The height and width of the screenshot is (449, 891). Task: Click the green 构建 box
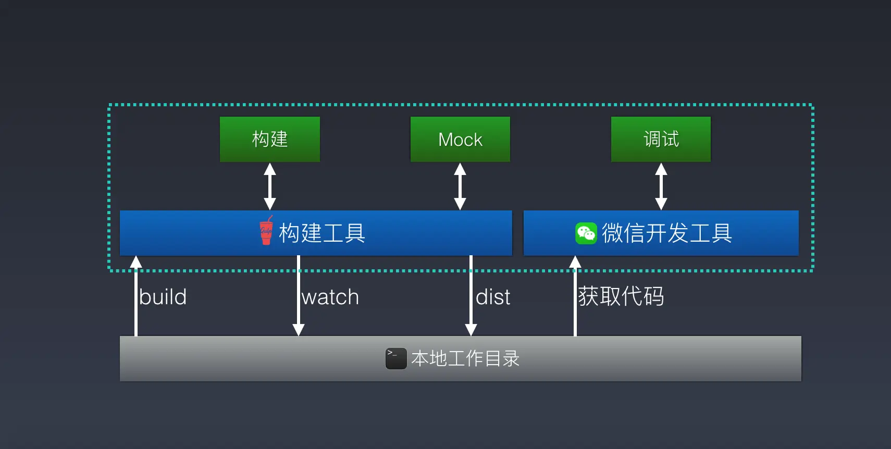pos(270,139)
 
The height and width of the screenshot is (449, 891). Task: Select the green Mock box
pos(460,139)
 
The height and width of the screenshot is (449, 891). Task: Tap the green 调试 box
pos(661,139)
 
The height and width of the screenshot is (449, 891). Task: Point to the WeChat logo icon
pos(586,233)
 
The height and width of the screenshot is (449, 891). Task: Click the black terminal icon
pos(396,358)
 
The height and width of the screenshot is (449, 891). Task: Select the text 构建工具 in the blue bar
pos(322,233)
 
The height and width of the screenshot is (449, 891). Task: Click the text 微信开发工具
pos(667,233)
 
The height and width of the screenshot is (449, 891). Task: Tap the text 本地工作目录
pos(465,358)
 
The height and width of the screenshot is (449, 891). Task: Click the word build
pos(163,297)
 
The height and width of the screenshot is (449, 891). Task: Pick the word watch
pos(330,297)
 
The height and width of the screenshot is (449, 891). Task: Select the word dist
pos(493,297)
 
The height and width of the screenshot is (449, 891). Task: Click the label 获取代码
pos(621,296)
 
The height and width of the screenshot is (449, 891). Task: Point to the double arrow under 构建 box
pos(270,186)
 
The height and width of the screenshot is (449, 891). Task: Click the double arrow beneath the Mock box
pos(460,186)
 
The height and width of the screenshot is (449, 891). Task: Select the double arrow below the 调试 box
pos(661,186)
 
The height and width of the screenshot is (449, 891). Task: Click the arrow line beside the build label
pos(136,297)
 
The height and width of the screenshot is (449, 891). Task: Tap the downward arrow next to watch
pos(299,297)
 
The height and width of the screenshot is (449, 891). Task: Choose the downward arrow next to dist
pos(471,297)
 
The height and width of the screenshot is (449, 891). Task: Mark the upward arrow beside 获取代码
pos(575,297)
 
